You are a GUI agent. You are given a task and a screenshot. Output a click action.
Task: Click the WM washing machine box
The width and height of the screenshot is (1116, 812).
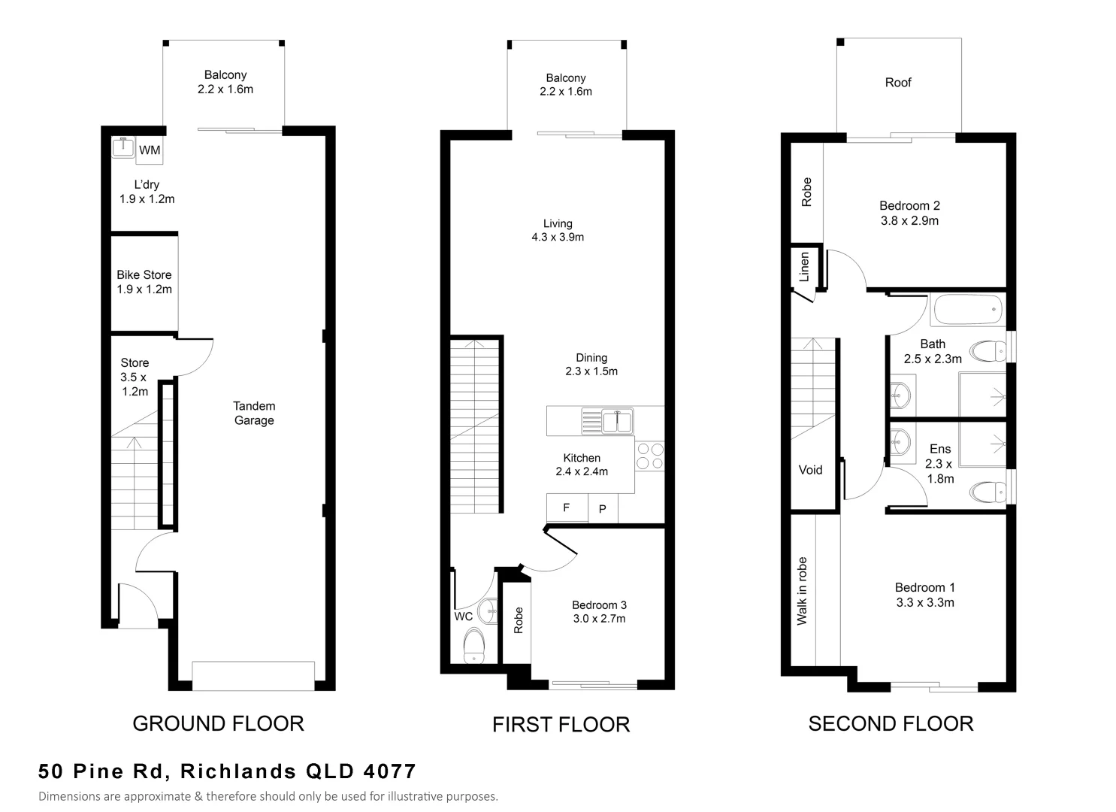coord(149,150)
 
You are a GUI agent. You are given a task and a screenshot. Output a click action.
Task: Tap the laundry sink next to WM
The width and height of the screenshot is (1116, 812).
coord(122,147)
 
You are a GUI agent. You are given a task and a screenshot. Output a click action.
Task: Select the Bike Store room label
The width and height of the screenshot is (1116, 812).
coord(144,275)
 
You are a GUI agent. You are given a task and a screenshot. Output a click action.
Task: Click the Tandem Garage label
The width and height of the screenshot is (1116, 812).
coord(254,413)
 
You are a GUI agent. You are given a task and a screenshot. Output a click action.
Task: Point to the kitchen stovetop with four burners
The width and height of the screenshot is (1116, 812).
coord(650,456)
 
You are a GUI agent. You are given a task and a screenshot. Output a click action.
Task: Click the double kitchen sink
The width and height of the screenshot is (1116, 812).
coord(607,421)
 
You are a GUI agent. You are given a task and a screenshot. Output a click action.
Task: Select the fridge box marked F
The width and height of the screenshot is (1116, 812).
coord(567,508)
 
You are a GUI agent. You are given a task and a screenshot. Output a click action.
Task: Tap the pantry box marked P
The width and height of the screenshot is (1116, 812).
coord(602,509)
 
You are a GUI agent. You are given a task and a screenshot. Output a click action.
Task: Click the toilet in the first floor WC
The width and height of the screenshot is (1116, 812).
coord(474,645)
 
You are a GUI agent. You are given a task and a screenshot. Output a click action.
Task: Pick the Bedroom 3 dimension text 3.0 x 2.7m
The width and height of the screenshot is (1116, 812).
coord(598,619)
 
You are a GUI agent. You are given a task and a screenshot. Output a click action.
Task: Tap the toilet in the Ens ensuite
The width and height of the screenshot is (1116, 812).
coord(988,492)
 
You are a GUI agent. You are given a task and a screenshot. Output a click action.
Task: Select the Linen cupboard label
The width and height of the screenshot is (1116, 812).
coord(804,266)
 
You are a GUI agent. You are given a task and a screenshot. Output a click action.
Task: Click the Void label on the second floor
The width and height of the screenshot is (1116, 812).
coord(810,470)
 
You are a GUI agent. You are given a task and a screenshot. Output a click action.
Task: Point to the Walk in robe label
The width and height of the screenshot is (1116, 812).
coord(802,591)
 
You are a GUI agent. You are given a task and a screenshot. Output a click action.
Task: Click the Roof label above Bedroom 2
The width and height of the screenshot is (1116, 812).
coord(897,83)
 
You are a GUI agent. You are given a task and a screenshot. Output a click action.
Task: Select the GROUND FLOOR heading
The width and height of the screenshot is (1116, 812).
coord(218,723)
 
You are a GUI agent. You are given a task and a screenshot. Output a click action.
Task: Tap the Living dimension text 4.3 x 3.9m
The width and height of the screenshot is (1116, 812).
coord(558,237)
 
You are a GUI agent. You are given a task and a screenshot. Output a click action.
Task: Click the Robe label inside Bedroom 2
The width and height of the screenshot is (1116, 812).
coord(806,192)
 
